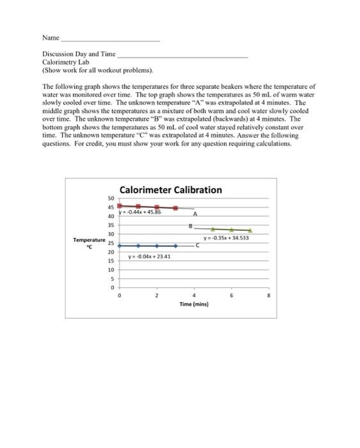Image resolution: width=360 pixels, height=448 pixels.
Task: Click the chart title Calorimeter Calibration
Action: pos(171,189)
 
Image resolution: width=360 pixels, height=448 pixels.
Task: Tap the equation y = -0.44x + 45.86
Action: pos(143,212)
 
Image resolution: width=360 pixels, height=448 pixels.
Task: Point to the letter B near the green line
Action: pos(189,225)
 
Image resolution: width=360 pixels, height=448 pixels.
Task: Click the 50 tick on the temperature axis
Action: pos(111,199)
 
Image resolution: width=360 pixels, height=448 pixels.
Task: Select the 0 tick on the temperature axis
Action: pos(112,288)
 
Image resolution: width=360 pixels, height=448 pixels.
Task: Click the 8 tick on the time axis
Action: pos(269,296)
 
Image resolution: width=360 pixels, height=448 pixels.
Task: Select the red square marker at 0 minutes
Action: pos(119,205)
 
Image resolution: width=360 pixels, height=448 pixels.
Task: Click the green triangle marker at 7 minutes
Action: pos(250,230)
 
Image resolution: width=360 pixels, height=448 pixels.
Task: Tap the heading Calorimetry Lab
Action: pos(61,63)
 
